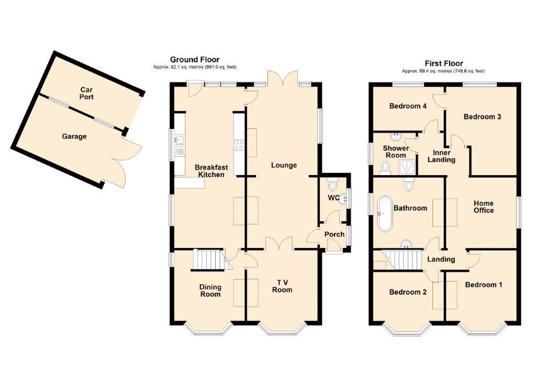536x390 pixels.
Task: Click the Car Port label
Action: [x=86, y=93]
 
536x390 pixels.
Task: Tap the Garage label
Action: [x=74, y=136]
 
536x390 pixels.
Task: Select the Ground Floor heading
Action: [x=195, y=60]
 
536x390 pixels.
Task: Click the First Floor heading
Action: [x=444, y=63]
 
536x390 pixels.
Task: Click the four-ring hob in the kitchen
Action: [x=239, y=145]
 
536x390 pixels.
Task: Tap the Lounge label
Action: [x=284, y=165]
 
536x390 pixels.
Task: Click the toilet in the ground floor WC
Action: [x=332, y=185]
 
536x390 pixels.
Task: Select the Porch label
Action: [x=334, y=234]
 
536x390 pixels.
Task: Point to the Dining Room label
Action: [x=210, y=291]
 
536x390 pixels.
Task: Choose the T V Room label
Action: [x=282, y=286]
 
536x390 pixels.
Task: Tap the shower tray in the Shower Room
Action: [x=407, y=167]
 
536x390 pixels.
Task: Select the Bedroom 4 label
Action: [x=408, y=106]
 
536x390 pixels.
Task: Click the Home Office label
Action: [x=484, y=207]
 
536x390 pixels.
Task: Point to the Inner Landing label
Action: [x=441, y=156]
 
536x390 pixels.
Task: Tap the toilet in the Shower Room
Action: [x=386, y=168]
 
